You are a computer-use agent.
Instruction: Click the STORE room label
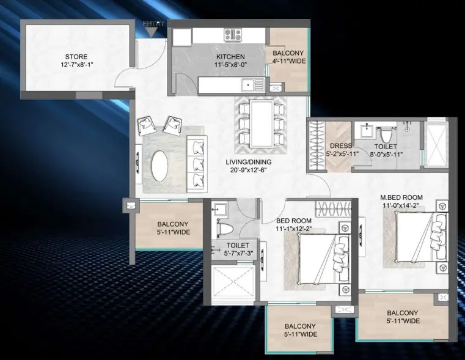click(x=76, y=57)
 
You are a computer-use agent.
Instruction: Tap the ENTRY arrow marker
click(x=152, y=32)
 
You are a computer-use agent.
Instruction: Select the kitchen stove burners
click(x=233, y=34)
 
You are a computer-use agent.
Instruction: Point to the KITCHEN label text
click(x=230, y=57)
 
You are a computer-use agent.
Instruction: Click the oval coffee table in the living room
click(x=159, y=166)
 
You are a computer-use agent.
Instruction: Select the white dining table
click(x=262, y=123)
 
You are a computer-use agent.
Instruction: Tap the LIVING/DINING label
click(x=249, y=162)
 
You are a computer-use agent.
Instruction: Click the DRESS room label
click(x=341, y=146)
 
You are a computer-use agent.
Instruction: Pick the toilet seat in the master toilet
click(x=386, y=135)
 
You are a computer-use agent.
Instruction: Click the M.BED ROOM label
click(x=401, y=197)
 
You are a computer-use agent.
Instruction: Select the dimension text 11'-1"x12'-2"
click(x=293, y=229)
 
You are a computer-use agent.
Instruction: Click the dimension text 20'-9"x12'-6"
click(x=249, y=170)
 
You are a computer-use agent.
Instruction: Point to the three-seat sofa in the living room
click(x=197, y=164)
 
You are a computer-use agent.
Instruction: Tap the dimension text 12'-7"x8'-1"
click(x=77, y=65)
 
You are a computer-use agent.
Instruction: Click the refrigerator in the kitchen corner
click(x=182, y=37)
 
